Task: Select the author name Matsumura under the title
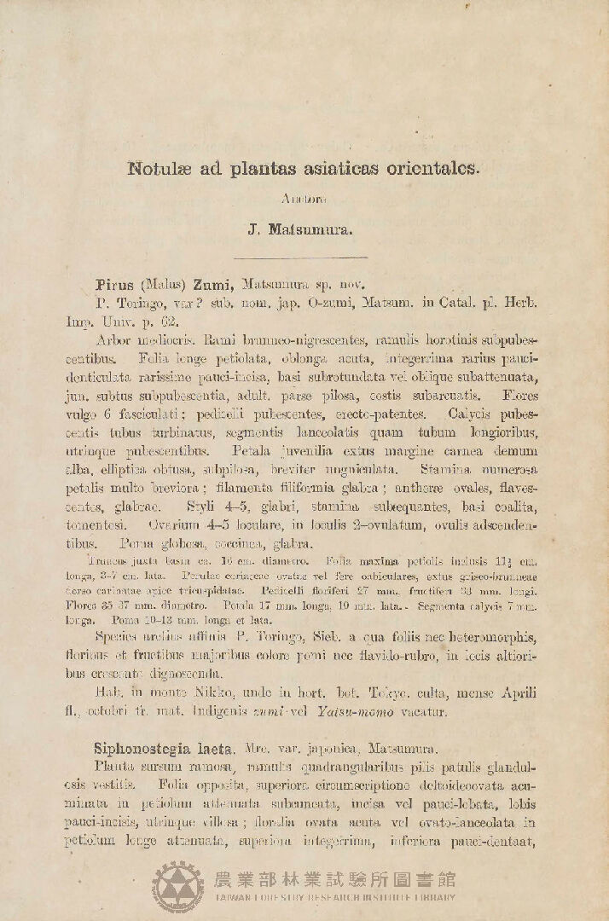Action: click(319, 229)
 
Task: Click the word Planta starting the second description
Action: click(118, 767)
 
